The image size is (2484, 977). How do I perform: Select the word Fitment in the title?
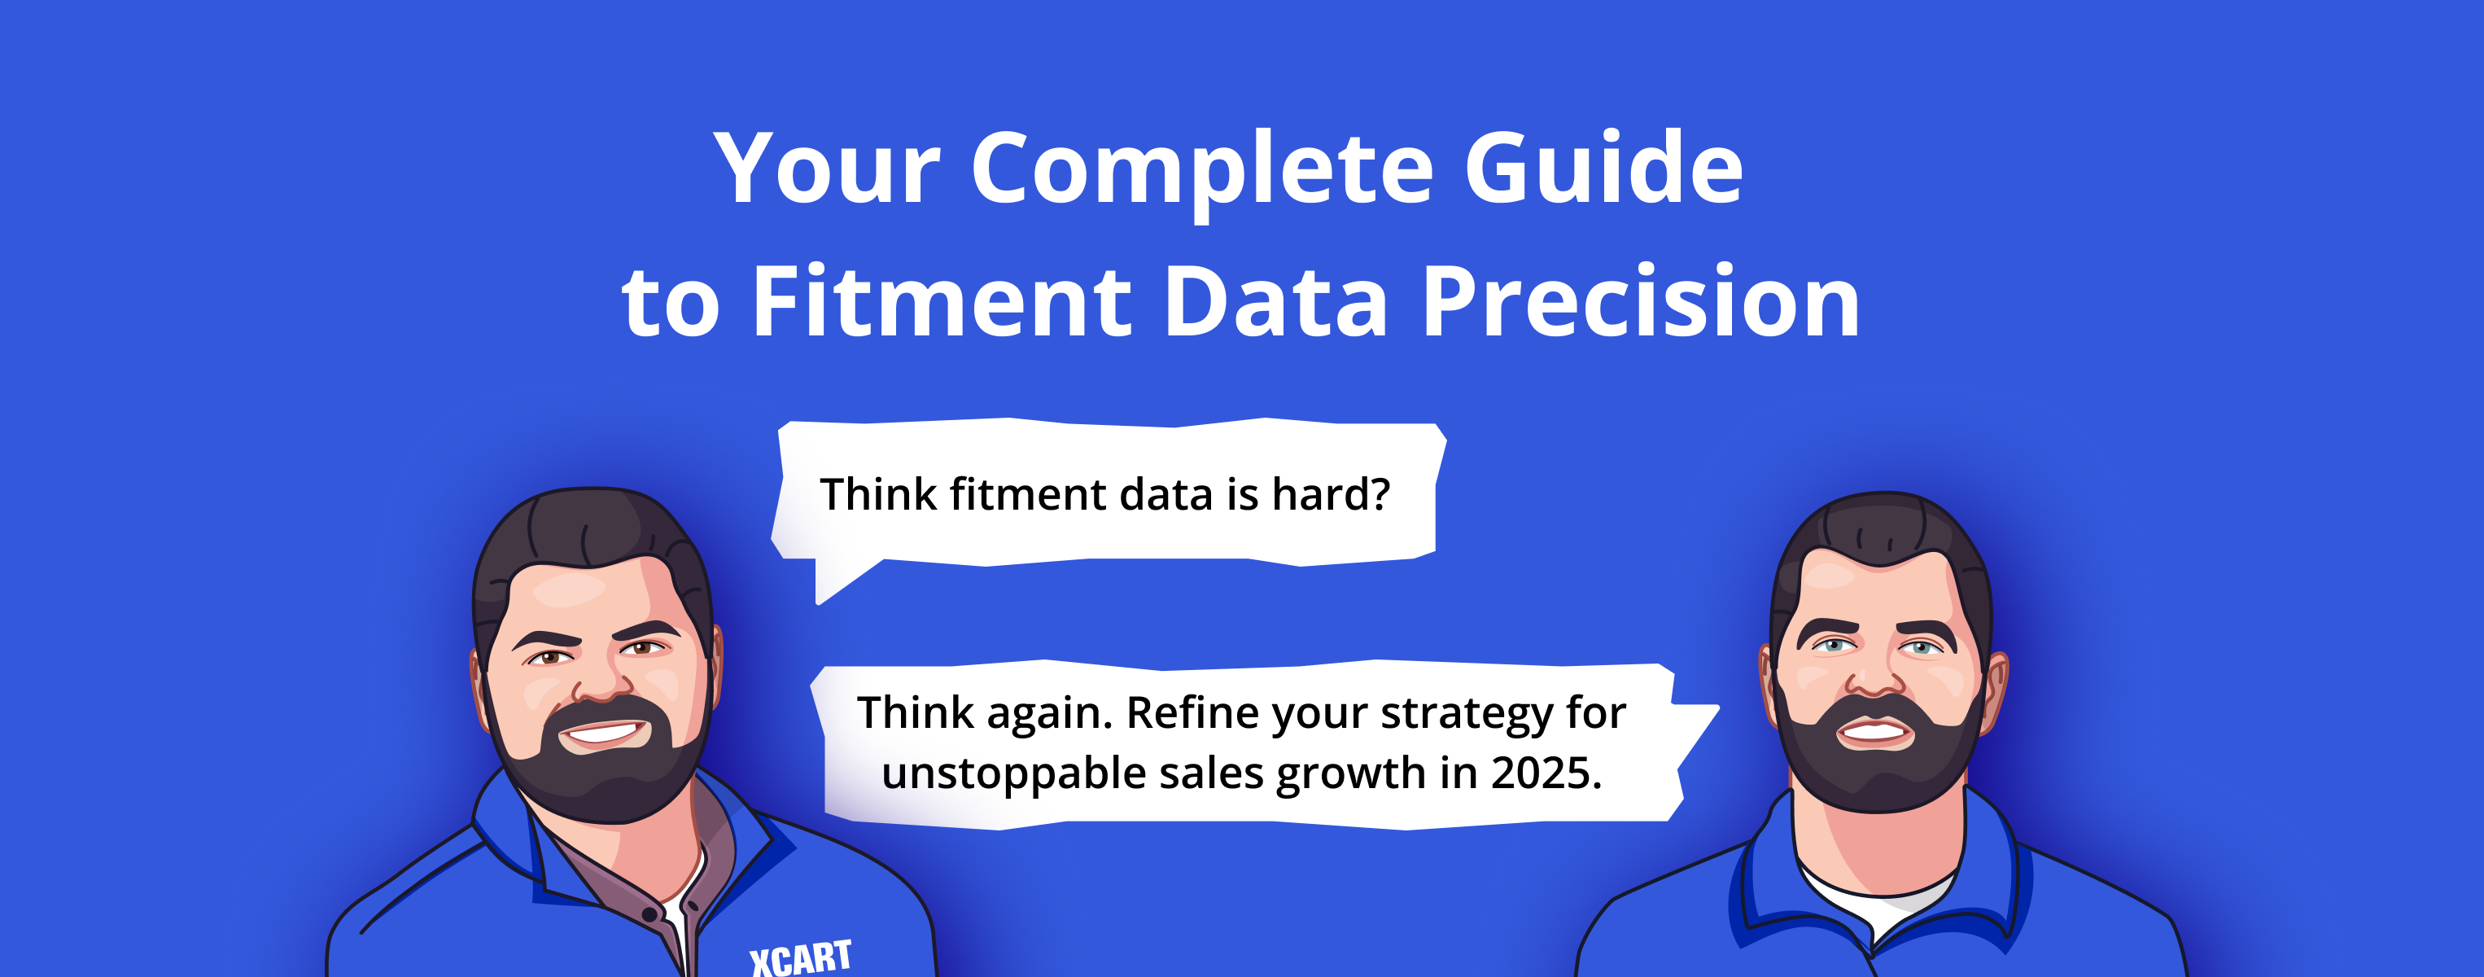pyautogui.click(x=940, y=303)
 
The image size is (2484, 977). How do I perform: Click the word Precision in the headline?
pyautogui.click(x=1640, y=303)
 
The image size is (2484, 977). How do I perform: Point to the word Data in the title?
pyautogui.click(x=1275, y=303)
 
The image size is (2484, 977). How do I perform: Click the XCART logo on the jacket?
pyautogui.click(x=800, y=957)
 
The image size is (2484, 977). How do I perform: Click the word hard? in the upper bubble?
pyautogui.click(x=1331, y=494)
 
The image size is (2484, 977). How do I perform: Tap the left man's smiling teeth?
pyautogui.click(x=602, y=733)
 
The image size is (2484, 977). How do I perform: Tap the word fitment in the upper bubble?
pyautogui.click(x=1028, y=494)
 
